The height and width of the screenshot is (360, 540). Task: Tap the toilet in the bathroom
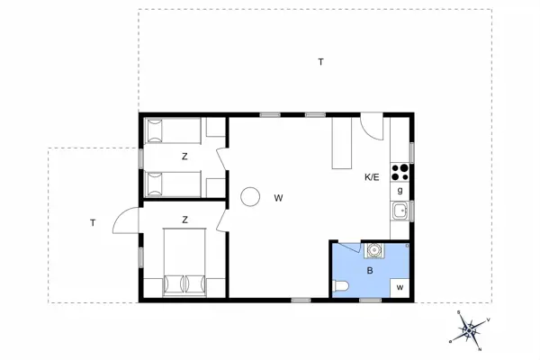point(340,287)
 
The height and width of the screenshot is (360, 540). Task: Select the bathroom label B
point(369,268)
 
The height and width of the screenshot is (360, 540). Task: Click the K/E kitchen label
point(372,177)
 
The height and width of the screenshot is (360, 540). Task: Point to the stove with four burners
point(401,172)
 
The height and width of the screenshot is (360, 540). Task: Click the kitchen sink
point(400,211)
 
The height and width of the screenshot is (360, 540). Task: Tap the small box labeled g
point(400,191)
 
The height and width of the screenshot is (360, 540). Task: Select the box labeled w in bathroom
point(399,287)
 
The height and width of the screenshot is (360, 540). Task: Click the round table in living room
point(249,195)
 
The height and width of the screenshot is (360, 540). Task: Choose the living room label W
point(279,197)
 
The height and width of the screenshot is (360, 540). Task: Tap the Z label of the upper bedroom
point(184,157)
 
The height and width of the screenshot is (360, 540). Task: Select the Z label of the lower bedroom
point(184,219)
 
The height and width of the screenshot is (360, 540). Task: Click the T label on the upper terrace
point(320,62)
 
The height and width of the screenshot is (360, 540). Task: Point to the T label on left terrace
point(92,222)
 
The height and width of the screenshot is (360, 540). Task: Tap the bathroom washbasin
point(373,249)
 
